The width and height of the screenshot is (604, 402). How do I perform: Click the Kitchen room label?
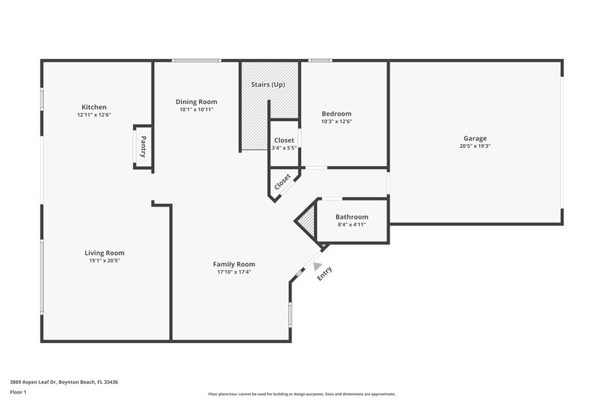coord(94,107)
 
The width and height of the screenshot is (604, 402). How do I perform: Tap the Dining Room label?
coord(196,102)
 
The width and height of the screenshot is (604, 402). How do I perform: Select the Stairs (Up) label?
coord(268,84)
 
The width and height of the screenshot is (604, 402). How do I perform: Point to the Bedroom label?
coord(337,114)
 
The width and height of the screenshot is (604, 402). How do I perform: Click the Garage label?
coord(475,138)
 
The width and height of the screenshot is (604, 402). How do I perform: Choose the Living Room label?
coord(104,253)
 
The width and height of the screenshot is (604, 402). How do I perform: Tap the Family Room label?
coord(234,264)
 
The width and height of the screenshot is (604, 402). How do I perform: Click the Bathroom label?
coord(352,217)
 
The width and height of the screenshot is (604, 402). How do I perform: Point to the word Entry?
coord(324,274)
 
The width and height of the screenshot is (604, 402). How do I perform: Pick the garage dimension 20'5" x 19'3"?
coord(475,146)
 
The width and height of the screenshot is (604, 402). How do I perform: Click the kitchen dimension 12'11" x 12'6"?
coord(94,115)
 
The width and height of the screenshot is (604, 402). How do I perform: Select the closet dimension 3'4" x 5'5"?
coord(285,148)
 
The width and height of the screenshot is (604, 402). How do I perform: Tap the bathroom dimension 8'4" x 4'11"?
coord(352,225)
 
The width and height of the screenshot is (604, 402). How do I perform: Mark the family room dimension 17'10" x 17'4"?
coord(234,272)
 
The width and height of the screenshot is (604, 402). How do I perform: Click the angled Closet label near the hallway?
coord(282,182)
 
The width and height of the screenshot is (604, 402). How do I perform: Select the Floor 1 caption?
coord(18,393)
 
